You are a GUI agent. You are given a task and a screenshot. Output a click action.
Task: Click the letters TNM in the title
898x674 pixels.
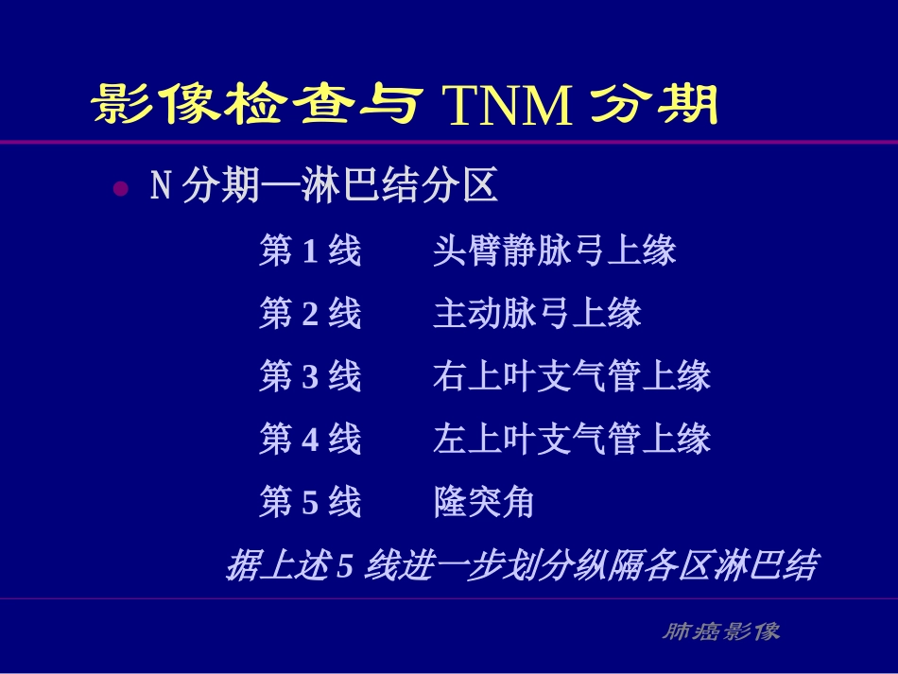508,107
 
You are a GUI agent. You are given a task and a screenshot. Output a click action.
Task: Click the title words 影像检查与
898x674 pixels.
256,106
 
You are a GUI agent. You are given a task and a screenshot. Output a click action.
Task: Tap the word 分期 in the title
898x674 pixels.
654,106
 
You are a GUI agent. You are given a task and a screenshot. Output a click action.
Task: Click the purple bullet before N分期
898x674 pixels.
120,188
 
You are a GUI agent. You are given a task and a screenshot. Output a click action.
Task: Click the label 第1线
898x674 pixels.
310,251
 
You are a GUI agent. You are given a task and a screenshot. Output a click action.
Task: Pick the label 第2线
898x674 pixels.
310,314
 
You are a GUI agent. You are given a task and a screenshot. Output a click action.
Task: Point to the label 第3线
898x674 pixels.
310,377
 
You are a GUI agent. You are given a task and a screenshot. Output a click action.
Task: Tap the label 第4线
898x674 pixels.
310,440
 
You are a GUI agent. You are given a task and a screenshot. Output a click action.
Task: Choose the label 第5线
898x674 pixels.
310,502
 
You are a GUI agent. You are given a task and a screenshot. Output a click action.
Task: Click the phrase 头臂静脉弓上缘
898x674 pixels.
555,251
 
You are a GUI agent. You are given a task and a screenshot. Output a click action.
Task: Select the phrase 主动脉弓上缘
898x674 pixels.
538,314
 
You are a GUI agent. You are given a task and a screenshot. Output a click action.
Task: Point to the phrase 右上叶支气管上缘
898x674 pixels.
572,377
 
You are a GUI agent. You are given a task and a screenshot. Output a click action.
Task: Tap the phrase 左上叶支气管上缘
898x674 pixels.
572,440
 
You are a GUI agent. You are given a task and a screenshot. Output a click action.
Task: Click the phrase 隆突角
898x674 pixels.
484,502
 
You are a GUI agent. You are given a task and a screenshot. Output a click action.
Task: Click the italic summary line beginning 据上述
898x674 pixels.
521,565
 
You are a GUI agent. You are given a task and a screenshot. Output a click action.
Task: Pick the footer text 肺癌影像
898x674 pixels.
720,631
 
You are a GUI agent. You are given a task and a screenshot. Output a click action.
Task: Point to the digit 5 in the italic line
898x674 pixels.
345,566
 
